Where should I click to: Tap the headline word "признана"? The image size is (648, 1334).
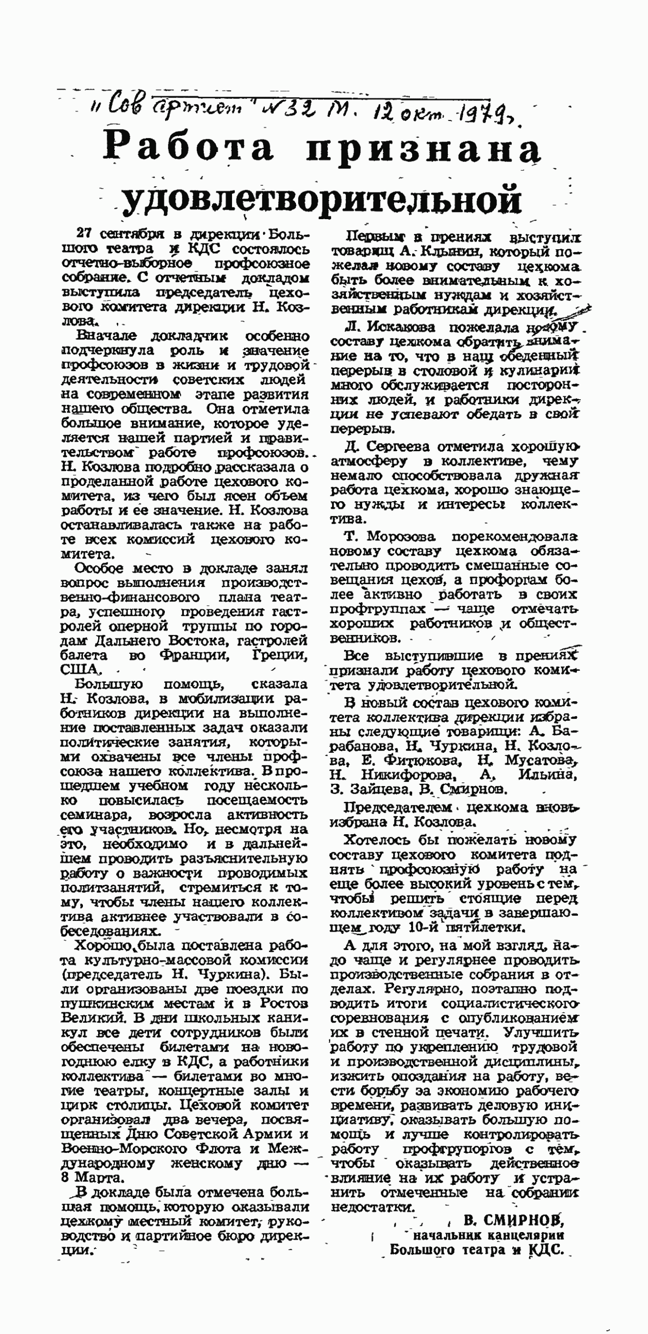point(423,150)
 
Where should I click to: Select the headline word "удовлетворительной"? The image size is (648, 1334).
point(321,199)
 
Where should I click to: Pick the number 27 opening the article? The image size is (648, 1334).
point(84,234)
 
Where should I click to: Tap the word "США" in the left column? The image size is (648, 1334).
point(79,669)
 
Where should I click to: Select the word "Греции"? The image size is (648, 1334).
point(279,655)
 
